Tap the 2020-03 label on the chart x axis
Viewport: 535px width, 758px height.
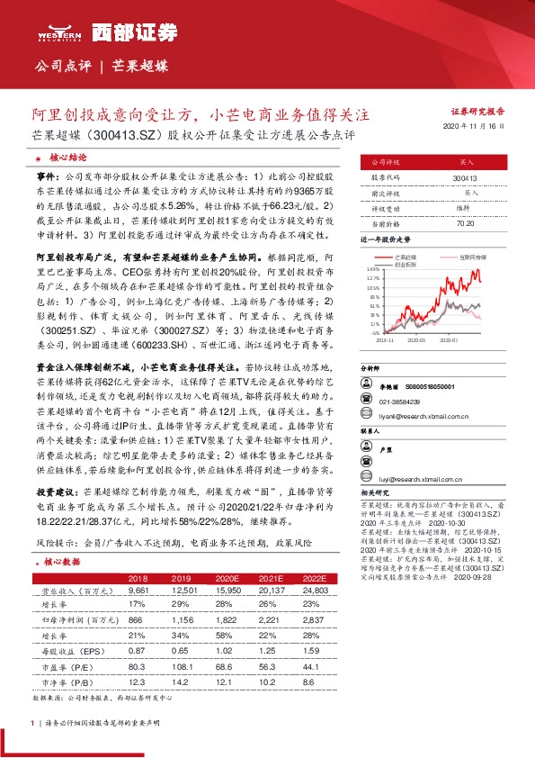415,340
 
